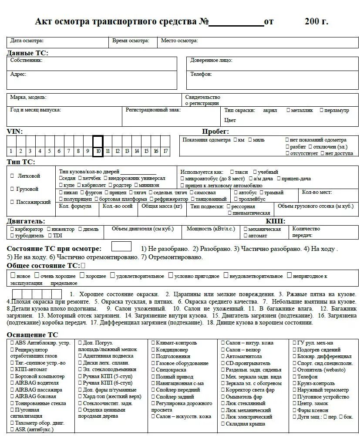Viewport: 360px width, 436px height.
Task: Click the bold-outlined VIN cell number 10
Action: click(x=98, y=146)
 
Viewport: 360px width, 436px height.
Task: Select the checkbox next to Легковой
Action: click(x=12, y=176)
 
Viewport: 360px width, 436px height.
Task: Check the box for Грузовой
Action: click(x=12, y=189)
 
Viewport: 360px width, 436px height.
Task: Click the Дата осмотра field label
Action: click(x=27, y=41)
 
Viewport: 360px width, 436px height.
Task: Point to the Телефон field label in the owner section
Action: click(x=201, y=74)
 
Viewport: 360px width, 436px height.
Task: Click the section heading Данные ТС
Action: click(x=27, y=53)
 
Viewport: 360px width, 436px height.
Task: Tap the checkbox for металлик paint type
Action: click(x=288, y=110)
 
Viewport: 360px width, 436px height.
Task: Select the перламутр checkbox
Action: click(x=322, y=110)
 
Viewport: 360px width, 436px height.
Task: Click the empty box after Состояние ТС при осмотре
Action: click(x=121, y=247)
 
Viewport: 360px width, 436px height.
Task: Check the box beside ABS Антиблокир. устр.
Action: click(x=12, y=343)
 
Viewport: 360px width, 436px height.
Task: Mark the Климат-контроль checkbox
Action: click(x=153, y=343)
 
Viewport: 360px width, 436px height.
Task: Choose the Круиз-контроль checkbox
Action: click(x=294, y=383)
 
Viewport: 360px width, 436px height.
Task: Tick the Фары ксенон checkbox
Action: click(x=294, y=410)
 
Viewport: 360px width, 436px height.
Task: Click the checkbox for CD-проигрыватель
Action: click(x=223, y=363)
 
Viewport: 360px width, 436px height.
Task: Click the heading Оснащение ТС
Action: click(x=32, y=335)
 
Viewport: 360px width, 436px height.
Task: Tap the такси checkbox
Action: click(x=232, y=172)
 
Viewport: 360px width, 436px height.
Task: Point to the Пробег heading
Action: click(x=215, y=132)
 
